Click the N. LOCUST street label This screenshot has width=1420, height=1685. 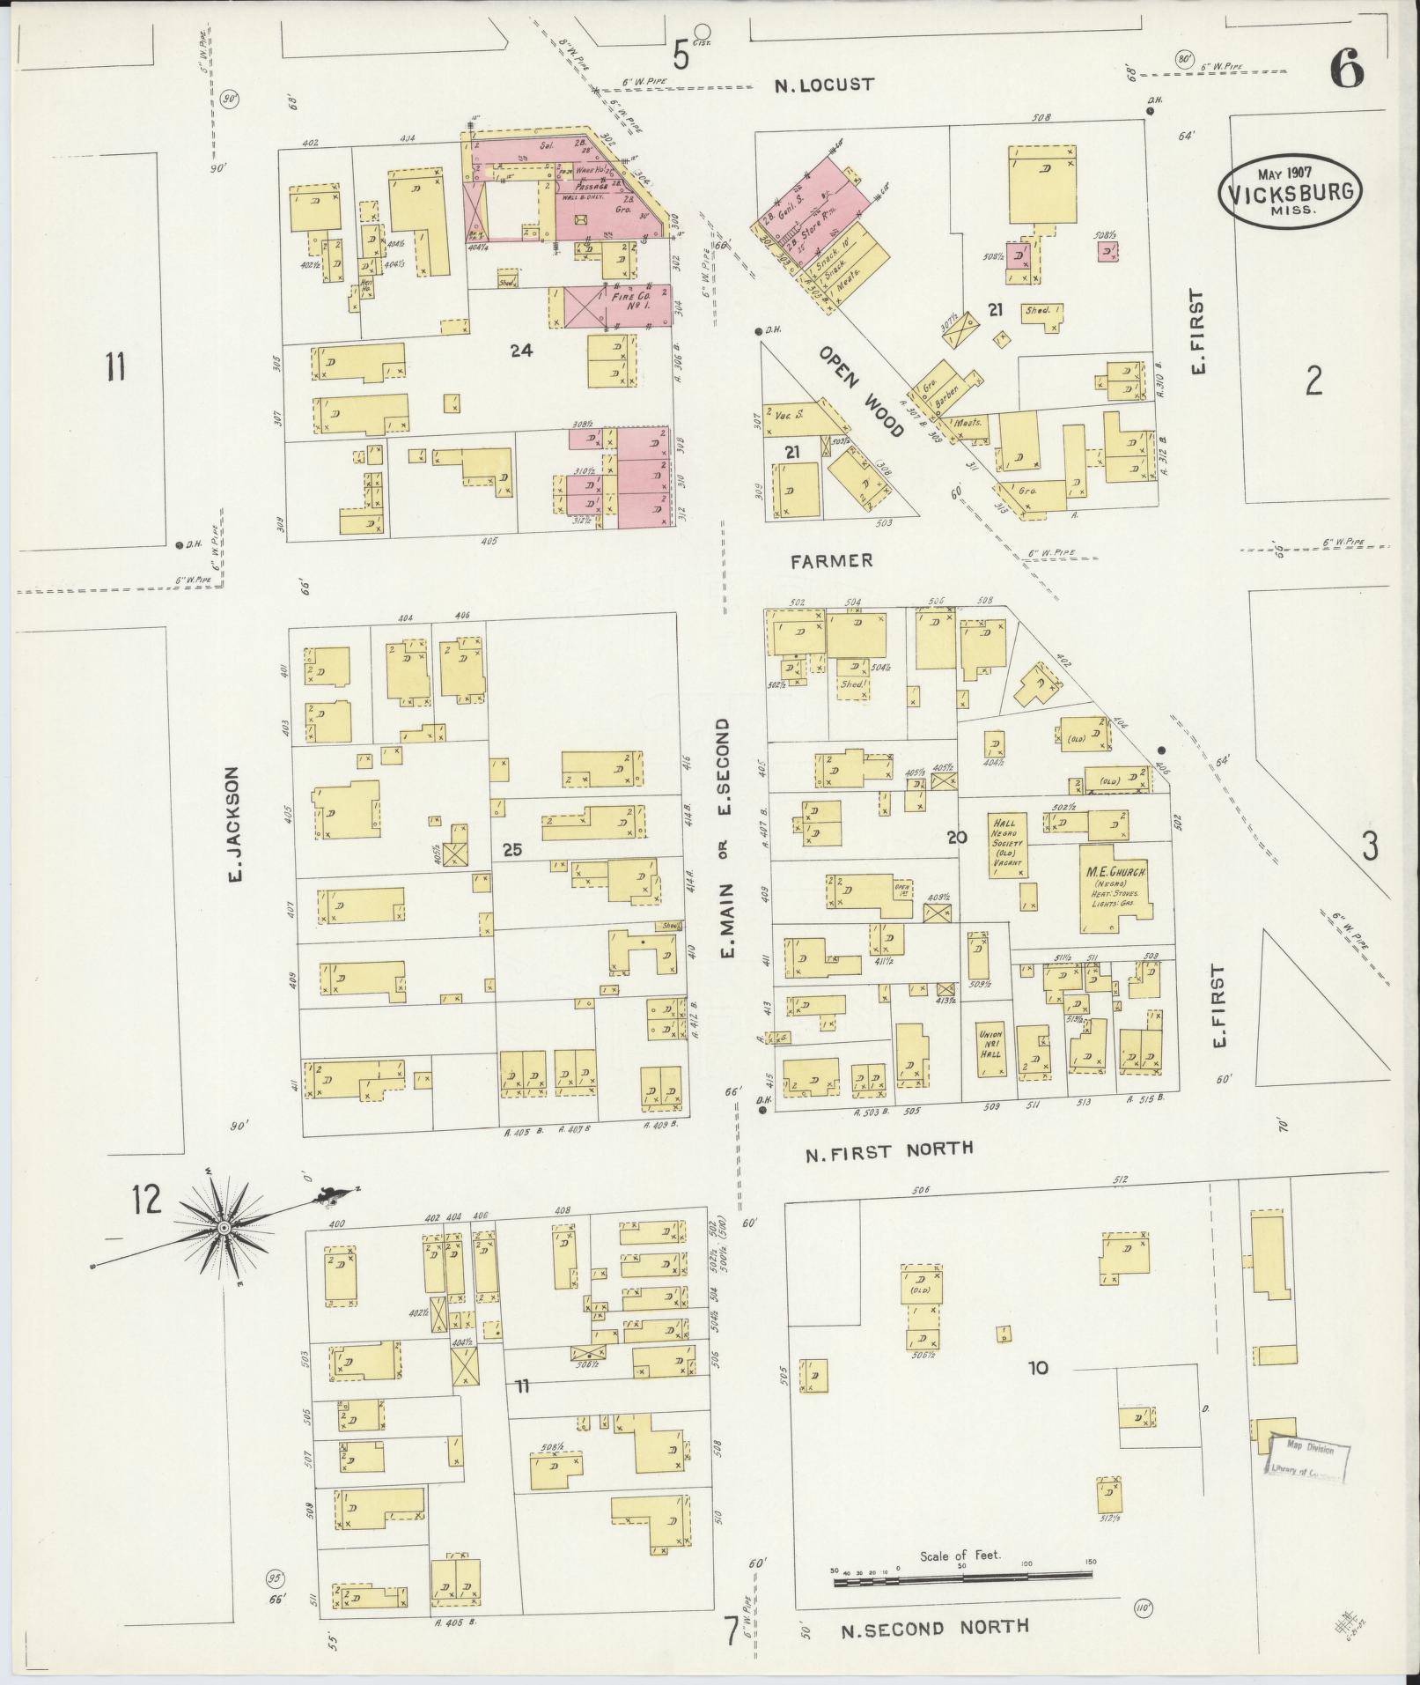[824, 85]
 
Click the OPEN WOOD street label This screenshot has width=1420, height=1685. [861, 391]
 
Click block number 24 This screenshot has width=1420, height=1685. [521, 351]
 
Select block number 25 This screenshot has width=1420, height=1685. [512, 849]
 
